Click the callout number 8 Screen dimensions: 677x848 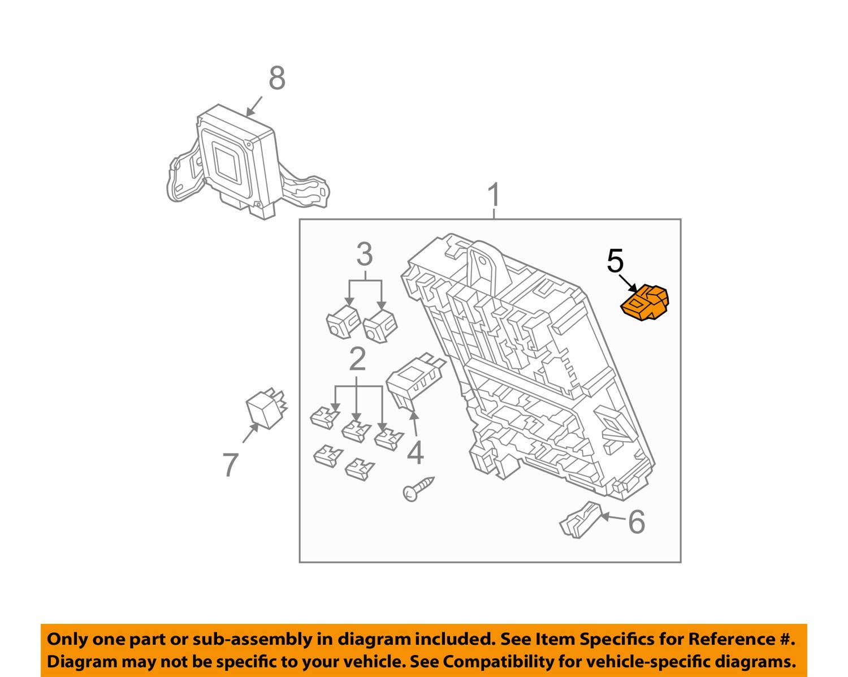[276, 78]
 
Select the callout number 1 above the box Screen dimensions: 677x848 [494, 195]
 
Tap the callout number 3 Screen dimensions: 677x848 [365, 255]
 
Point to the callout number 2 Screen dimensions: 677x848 [357, 359]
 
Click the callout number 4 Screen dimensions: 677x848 [416, 452]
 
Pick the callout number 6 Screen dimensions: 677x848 [637, 521]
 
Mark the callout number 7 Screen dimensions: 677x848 [230, 465]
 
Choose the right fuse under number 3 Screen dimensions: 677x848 [380, 326]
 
